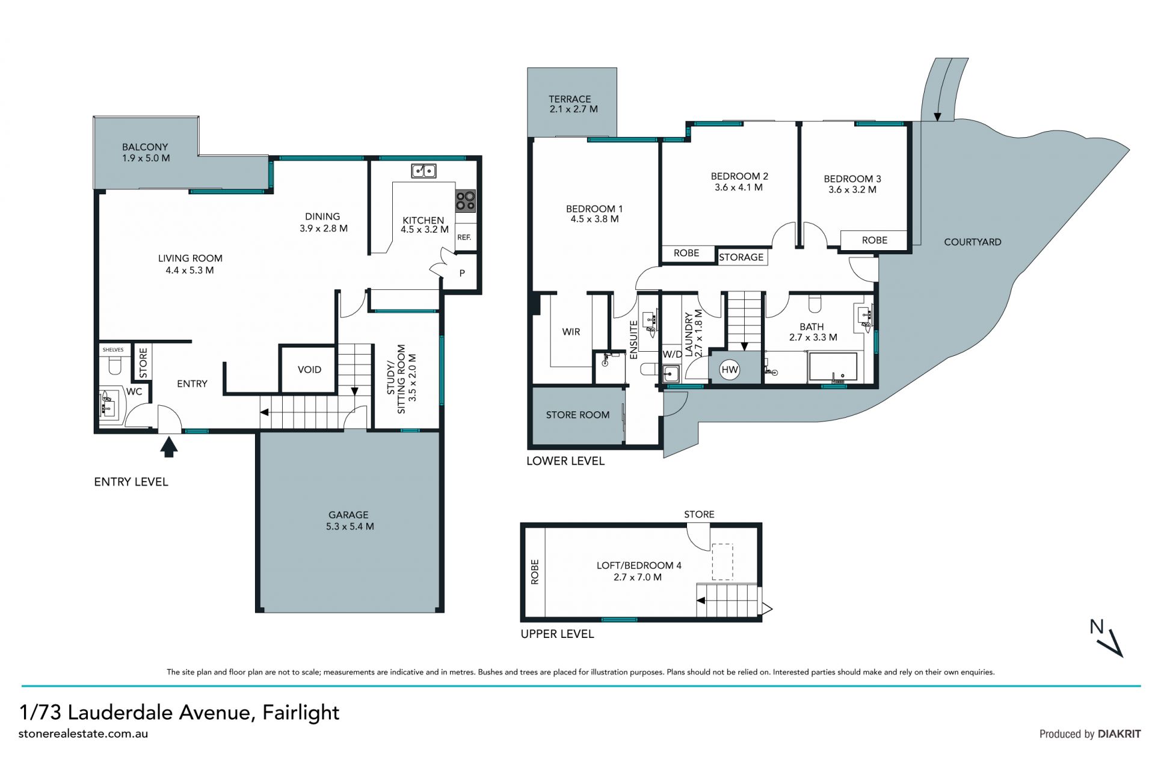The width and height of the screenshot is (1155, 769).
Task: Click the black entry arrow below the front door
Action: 169,447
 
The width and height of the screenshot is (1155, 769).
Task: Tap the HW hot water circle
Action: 730,370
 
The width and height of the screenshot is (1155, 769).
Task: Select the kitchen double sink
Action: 424,171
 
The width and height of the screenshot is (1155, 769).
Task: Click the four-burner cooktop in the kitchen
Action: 465,201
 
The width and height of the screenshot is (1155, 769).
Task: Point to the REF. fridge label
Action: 464,237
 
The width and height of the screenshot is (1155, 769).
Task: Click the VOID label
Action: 309,370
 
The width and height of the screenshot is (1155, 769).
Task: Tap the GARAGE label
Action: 348,515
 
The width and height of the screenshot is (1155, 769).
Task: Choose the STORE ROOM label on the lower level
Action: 577,415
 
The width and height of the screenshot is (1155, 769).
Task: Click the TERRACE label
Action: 570,99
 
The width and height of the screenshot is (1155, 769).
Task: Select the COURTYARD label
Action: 973,242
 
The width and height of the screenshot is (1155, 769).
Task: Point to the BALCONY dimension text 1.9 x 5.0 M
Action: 146,158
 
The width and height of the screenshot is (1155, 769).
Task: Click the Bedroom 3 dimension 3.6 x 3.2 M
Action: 852,189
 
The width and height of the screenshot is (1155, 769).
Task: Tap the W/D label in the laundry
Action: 673,354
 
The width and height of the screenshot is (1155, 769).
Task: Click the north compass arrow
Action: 1115,643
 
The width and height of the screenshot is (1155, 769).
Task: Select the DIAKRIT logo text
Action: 1119,734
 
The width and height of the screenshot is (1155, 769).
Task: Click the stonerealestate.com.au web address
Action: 83,734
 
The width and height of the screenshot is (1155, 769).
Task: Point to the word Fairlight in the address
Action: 301,712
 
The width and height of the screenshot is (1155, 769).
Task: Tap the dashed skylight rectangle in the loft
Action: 722,562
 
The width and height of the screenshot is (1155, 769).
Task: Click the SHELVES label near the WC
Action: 113,349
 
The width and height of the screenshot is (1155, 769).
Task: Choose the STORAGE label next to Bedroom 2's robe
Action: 741,257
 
